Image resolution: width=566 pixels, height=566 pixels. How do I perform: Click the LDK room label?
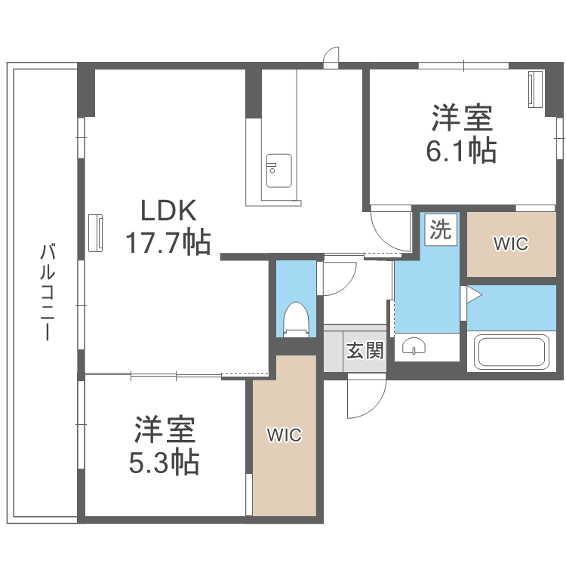[x=168, y=211]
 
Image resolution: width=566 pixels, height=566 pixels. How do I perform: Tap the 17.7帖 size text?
[x=168, y=241]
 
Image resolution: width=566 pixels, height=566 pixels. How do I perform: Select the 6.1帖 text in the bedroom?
[x=462, y=150]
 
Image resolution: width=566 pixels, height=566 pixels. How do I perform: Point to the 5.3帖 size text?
[x=165, y=462]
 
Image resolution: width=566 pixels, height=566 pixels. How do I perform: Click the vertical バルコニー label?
[x=48, y=292]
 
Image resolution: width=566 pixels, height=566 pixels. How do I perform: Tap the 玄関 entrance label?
[x=365, y=350]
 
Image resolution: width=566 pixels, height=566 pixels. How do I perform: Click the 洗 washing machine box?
[x=441, y=229]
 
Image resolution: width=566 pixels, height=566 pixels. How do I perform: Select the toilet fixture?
[x=296, y=319]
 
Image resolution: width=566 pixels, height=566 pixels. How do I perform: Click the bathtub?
[x=511, y=351]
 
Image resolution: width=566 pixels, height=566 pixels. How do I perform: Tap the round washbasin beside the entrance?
[x=414, y=346]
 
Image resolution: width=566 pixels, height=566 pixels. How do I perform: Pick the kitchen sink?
[x=279, y=171]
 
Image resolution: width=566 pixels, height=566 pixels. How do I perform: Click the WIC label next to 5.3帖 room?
[x=284, y=435]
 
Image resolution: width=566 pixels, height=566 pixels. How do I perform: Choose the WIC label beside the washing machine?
[x=511, y=244]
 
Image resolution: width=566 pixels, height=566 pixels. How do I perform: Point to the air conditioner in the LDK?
[x=96, y=233]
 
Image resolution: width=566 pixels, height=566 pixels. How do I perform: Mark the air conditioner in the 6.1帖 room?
[x=536, y=89]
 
